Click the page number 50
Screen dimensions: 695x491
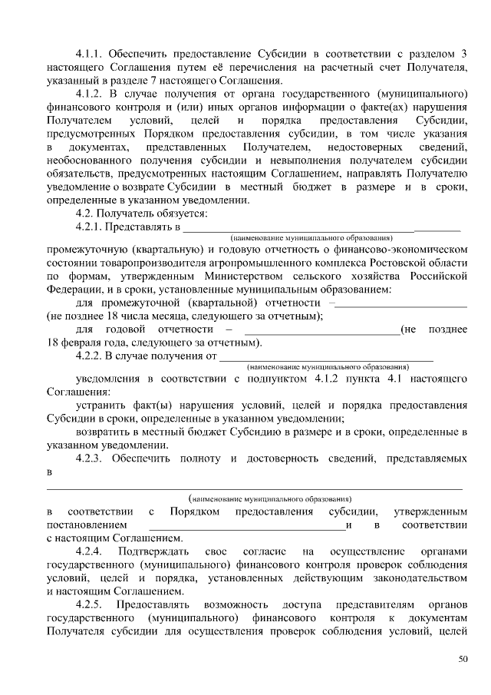click(x=463, y=658)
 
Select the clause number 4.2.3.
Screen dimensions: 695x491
click(x=91, y=458)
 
